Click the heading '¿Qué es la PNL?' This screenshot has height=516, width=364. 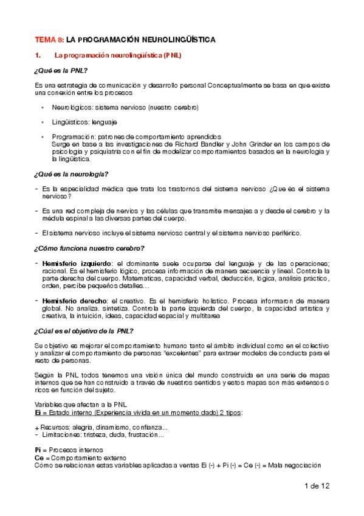point(62,71)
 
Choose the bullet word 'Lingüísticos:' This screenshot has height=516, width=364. point(68,122)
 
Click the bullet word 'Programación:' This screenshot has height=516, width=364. point(71,136)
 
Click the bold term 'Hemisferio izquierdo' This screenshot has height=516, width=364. point(74,262)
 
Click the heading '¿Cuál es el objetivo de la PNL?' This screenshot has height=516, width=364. point(84,330)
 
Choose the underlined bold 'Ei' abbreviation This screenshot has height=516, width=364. point(38,413)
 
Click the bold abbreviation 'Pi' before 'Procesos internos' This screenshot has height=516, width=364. point(38,449)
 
